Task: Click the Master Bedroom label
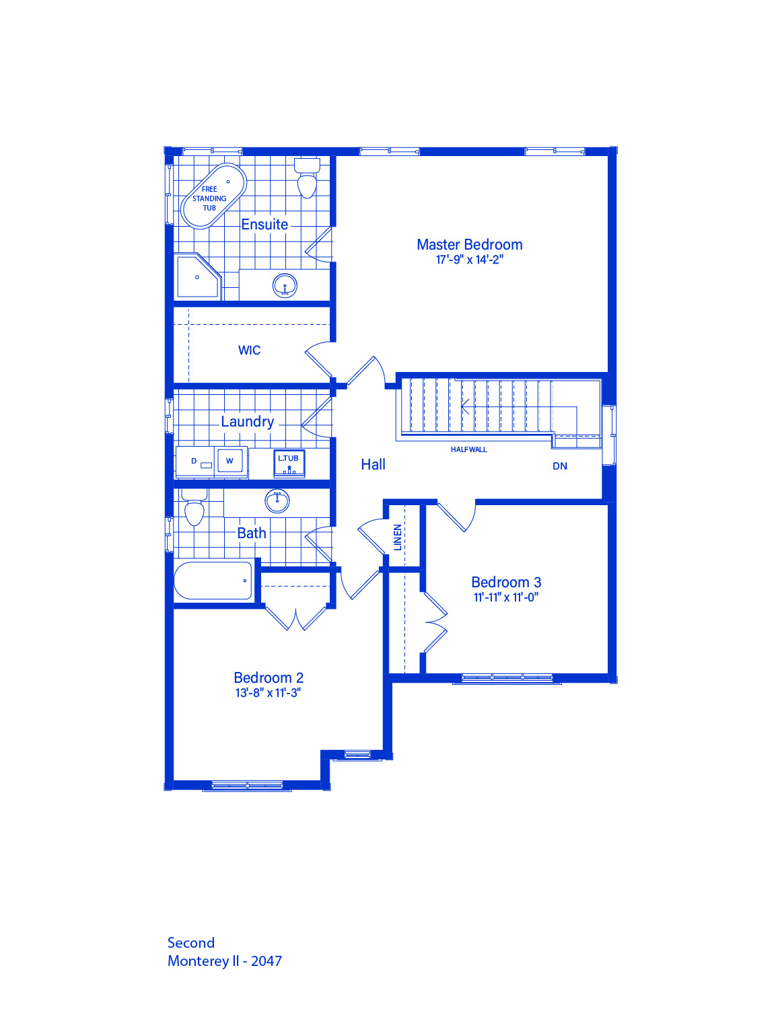tap(469, 244)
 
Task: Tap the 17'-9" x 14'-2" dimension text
tap(469, 260)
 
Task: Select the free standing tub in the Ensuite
tap(214, 196)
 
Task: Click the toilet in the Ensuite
tap(307, 178)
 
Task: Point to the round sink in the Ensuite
tap(284, 286)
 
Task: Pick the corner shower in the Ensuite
tap(197, 276)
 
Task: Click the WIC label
tap(249, 350)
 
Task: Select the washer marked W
tap(230, 461)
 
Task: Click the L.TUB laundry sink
tap(289, 463)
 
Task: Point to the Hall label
tap(373, 464)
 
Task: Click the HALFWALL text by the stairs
tap(469, 449)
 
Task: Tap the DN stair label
tap(560, 466)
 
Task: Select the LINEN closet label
tap(398, 537)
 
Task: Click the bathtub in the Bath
tap(213, 581)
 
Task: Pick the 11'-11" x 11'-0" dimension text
tap(506, 597)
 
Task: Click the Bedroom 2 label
tap(269, 677)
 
